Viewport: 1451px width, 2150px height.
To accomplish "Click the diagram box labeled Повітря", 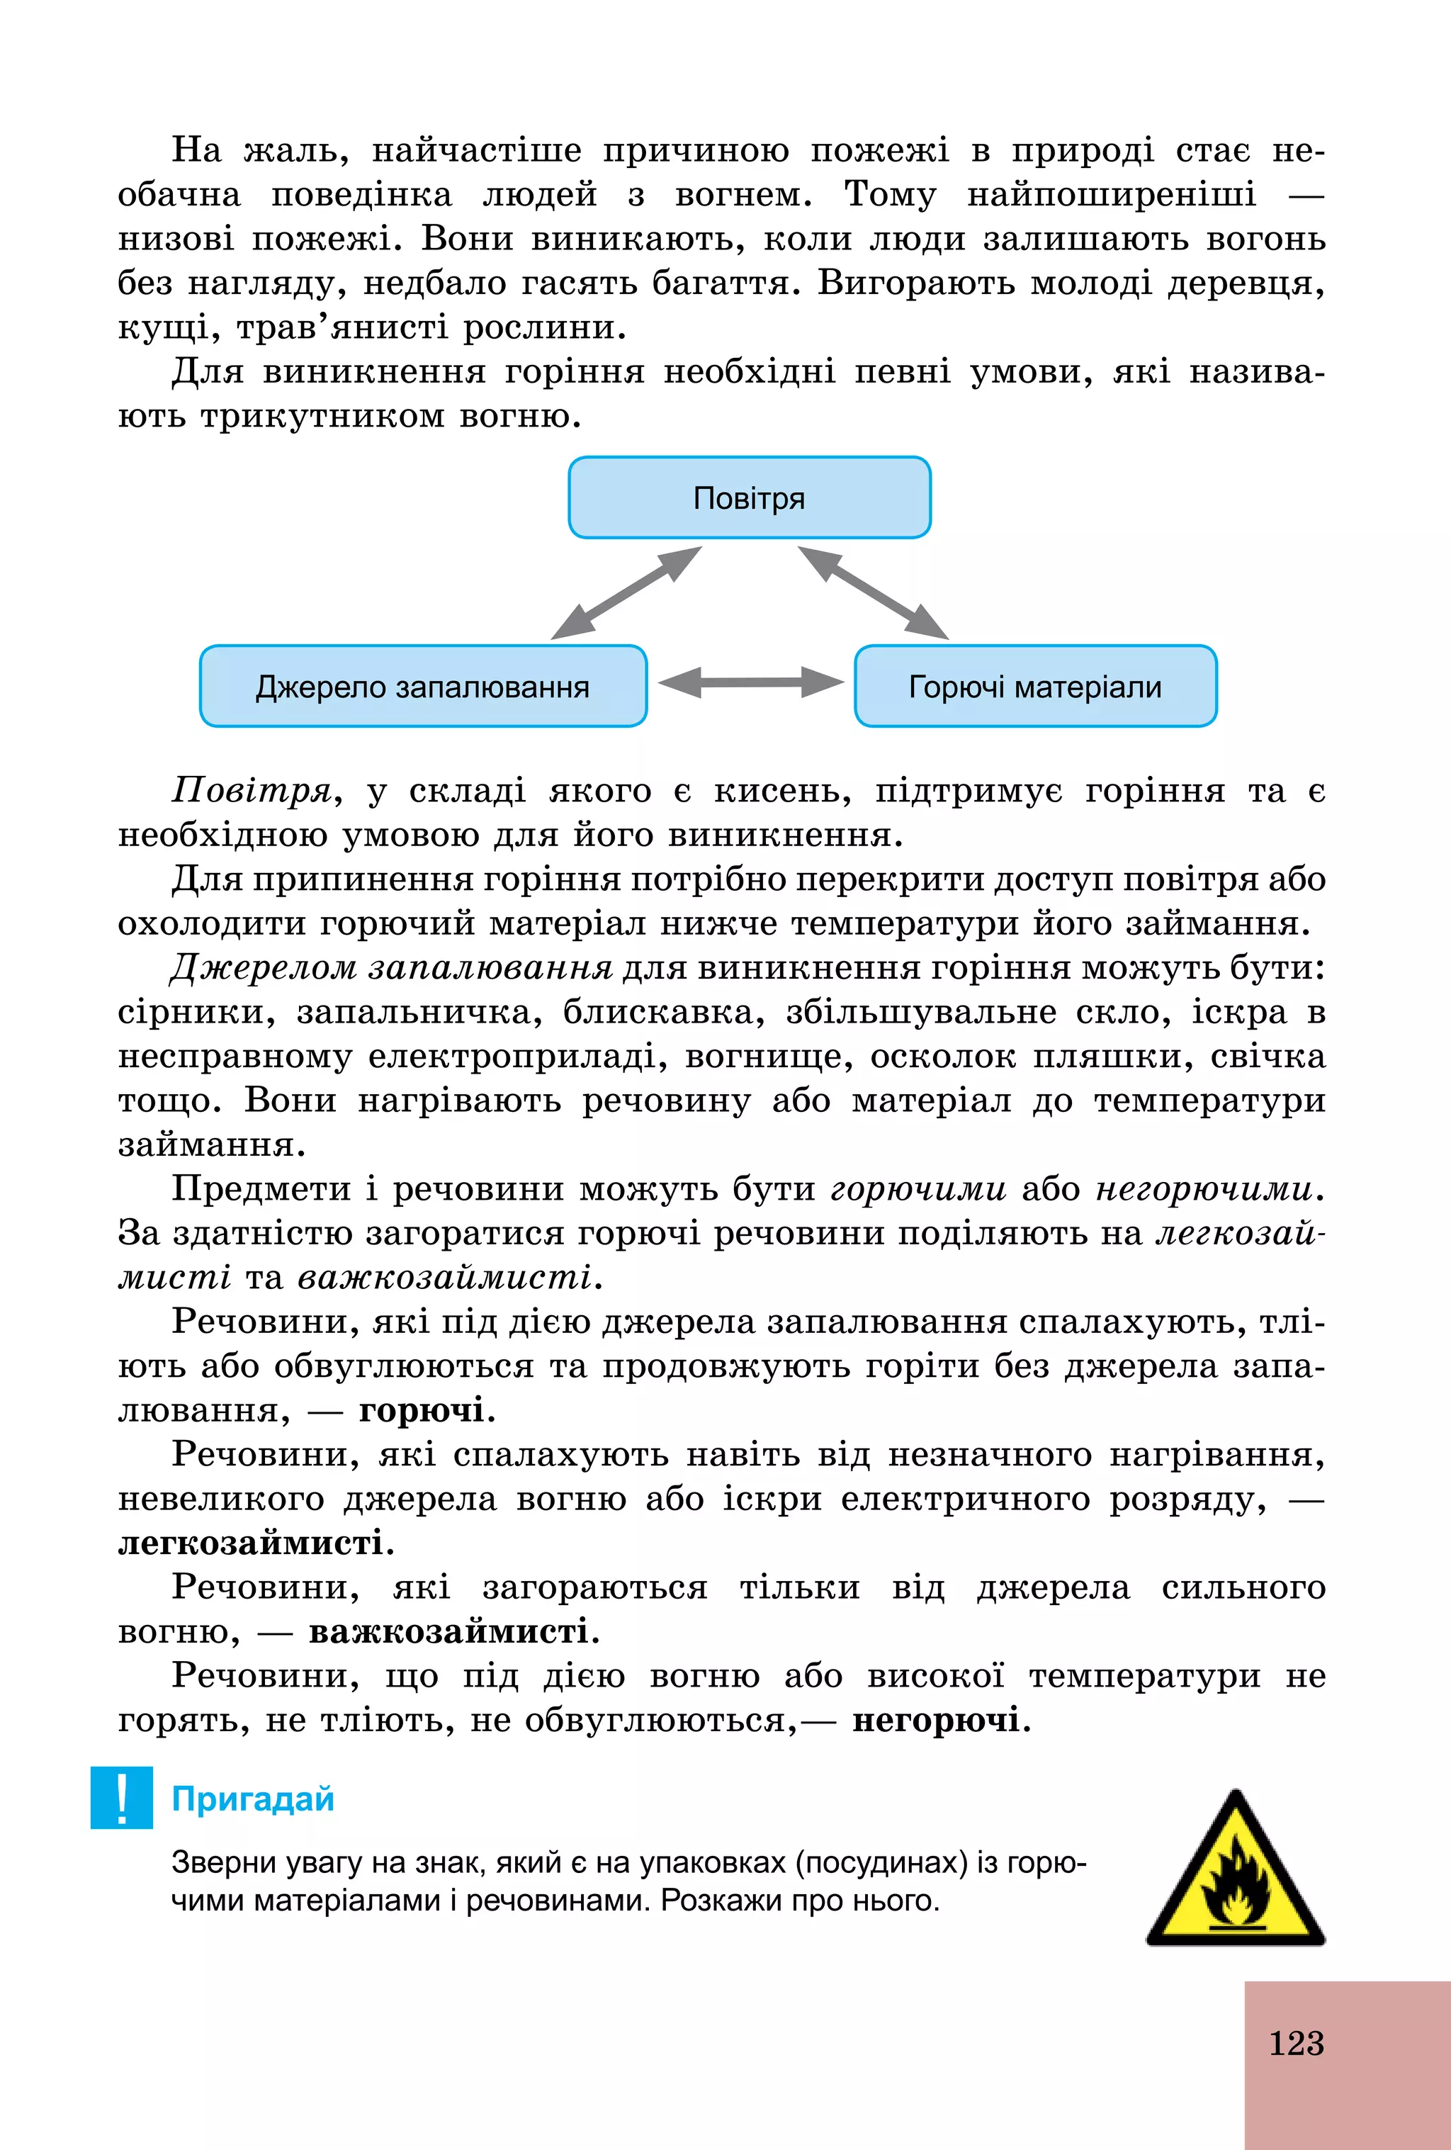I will point(749,497).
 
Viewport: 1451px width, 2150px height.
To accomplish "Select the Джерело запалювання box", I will point(423,687).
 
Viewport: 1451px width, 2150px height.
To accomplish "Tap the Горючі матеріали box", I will point(1035,687).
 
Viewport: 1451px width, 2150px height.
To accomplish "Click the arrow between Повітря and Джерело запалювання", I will point(626,592).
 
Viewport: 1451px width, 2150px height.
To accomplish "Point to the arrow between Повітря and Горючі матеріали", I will point(873,592).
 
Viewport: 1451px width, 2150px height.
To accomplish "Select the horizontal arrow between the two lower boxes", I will point(750,682).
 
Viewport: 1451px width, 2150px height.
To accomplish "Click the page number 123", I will point(1296,2043).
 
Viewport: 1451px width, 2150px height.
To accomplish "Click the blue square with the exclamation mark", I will point(121,1798).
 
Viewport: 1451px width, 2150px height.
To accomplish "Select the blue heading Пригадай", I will point(252,1799).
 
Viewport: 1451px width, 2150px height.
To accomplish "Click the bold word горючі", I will point(422,1410).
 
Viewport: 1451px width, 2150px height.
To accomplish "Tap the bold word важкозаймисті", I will point(449,1631).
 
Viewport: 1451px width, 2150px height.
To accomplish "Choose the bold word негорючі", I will point(936,1720).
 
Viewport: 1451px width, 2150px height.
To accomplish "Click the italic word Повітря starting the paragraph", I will point(252,791).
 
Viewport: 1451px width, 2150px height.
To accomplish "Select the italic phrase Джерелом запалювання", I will point(391,968).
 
